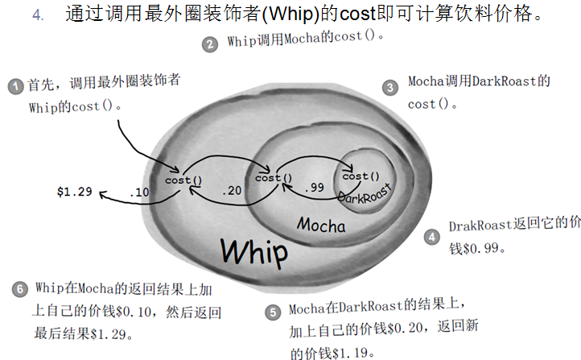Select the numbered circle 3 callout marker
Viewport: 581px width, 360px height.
(x=390, y=87)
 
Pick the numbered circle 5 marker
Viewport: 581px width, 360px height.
(x=274, y=312)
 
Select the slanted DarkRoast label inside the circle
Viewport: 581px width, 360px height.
(x=363, y=193)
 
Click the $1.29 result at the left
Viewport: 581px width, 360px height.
(x=75, y=192)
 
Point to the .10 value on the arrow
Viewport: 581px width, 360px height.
(x=140, y=192)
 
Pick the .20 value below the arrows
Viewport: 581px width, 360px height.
(x=231, y=192)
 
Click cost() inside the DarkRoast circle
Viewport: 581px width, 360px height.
(x=361, y=175)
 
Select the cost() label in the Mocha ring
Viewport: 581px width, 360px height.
(x=274, y=177)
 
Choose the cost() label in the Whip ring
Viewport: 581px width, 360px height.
(x=183, y=180)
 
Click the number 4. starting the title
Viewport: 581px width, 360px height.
(x=38, y=16)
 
